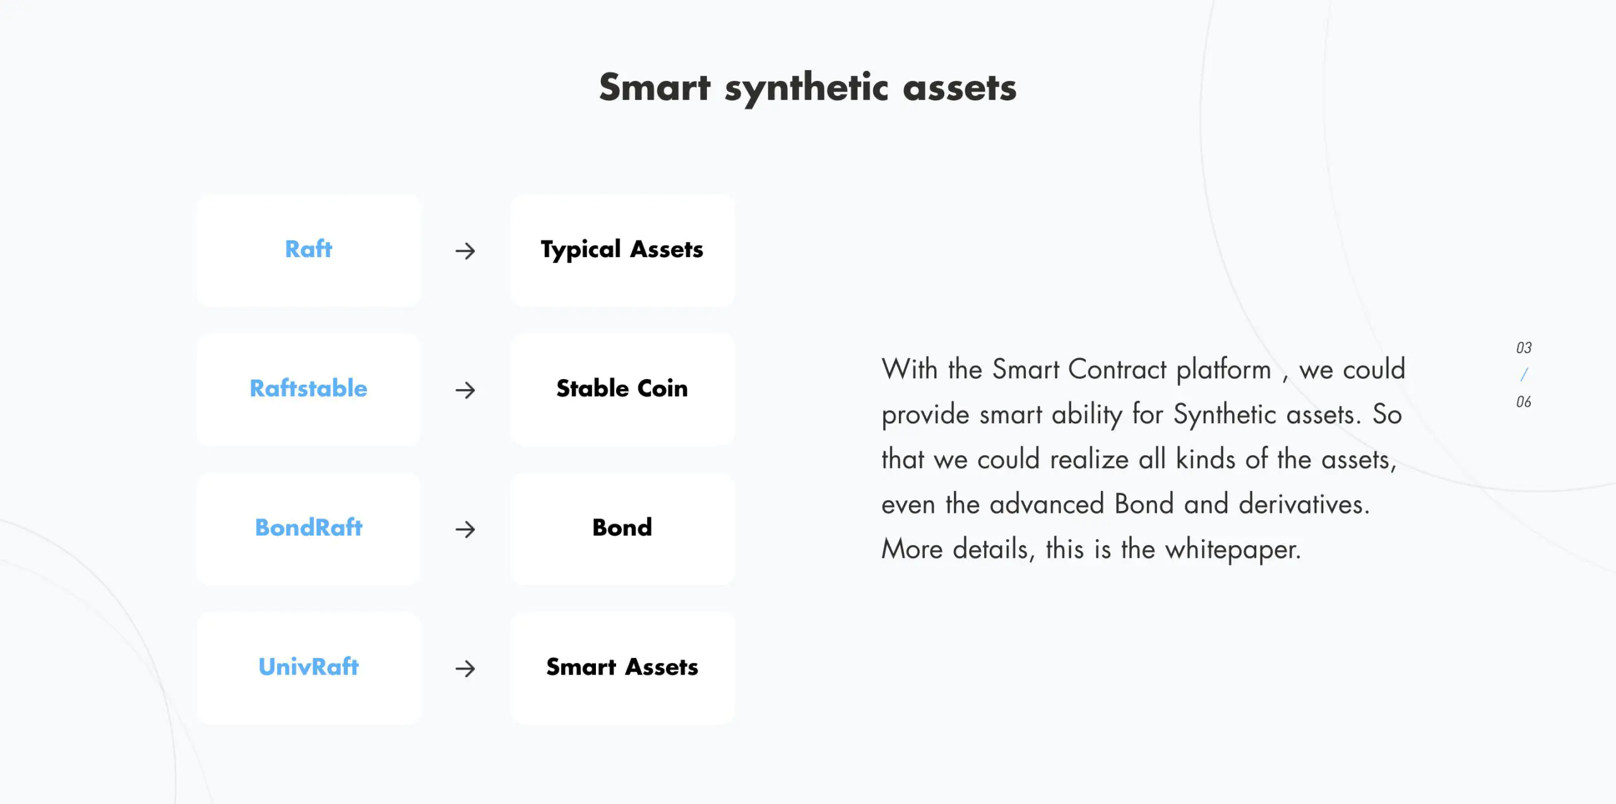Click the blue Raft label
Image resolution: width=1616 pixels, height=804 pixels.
pyautogui.click(x=308, y=249)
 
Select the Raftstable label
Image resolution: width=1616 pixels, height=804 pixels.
pyautogui.click(x=308, y=388)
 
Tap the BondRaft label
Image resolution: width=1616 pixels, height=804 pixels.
pyautogui.click(x=308, y=527)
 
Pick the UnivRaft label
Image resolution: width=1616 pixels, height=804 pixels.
pyautogui.click(x=308, y=666)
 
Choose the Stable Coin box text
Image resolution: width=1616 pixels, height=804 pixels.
pyautogui.click(x=622, y=388)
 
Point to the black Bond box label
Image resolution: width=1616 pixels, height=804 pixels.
pyautogui.click(x=622, y=527)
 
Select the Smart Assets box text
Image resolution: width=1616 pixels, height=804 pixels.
pyautogui.click(x=622, y=667)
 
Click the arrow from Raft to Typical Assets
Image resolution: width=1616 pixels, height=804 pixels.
pyautogui.click(x=465, y=251)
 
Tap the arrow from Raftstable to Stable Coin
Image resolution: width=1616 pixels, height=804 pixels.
pyautogui.click(x=465, y=390)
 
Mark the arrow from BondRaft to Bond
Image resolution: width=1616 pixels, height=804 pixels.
pyautogui.click(x=465, y=529)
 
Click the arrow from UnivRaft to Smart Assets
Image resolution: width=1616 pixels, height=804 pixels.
pyautogui.click(x=465, y=668)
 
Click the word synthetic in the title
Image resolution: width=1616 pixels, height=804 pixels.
pyautogui.click(x=807, y=89)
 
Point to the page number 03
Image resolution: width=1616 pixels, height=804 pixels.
pyautogui.click(x=1524, y=348)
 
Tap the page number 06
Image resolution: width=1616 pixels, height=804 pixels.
pyautogui.click(x=1524, y=402)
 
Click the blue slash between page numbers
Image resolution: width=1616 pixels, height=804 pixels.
pyautogui.click(x=1524, y=375)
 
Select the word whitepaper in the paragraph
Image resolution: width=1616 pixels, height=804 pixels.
pyautogui.click(x=1233, y=549)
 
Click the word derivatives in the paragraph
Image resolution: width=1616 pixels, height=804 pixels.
pyautogui.click(x=1304, y=504)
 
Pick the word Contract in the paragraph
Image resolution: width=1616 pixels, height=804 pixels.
pyautogui.click(x=1117, y=369)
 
